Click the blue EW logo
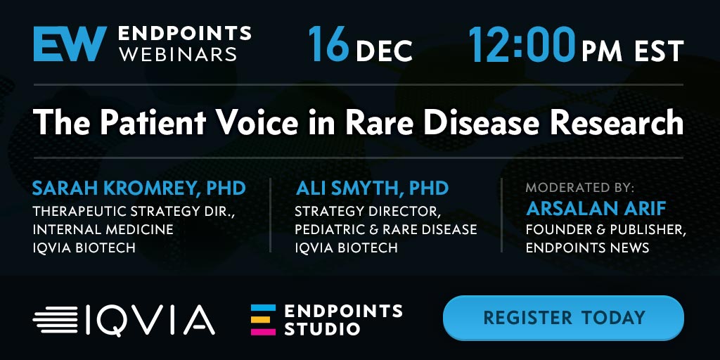(x=70, y=44)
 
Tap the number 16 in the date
(x=329, y=44)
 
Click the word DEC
(x=384, y=51)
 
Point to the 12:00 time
(x=522, y=44)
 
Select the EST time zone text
(x=660, y=51)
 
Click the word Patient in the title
(x=152, y=122)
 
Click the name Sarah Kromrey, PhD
(x=139, y=188)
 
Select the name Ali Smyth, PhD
(x=372, y=188)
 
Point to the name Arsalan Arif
(x=596, y=209)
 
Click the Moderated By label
(x=580, y=188)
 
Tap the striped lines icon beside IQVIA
(x=56, y=320)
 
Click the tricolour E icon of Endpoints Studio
(x=263, y=320)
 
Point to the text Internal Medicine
(x=103, y=229)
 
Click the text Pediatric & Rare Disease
(x=386, y=229)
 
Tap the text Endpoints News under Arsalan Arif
(x=587, y=248)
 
